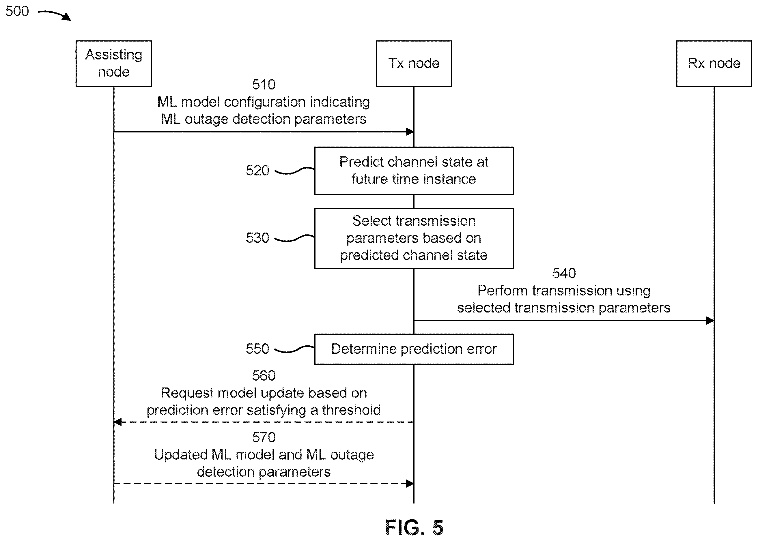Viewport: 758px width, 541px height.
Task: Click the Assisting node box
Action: (114, 64)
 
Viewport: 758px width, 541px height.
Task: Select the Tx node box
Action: (414, 64)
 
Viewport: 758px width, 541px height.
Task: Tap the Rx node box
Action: (714, 64)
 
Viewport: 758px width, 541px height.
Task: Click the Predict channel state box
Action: (414, 171)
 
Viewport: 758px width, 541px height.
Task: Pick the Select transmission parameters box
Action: (414, 239)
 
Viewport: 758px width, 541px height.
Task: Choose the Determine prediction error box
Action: (414, 349)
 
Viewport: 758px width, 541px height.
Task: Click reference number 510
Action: (264, 85)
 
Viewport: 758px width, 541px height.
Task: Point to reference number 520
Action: (257, 171)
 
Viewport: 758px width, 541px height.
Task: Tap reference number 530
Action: (257, 238)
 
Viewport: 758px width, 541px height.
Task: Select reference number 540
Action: (564, 274)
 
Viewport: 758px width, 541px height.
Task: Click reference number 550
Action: (257, 349)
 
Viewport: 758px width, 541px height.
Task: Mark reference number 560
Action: (264, 376)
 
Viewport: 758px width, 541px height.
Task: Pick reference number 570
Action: (264, 437)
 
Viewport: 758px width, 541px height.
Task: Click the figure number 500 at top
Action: (17, 11)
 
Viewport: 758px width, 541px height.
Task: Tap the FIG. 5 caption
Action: (414, 527)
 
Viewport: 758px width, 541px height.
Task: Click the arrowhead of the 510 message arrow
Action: (410, 132)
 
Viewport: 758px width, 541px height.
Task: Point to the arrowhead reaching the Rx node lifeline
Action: (710, 321)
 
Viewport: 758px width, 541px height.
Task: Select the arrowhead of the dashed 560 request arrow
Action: (117, 422)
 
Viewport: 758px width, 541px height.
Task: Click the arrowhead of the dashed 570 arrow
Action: (410, 484)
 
